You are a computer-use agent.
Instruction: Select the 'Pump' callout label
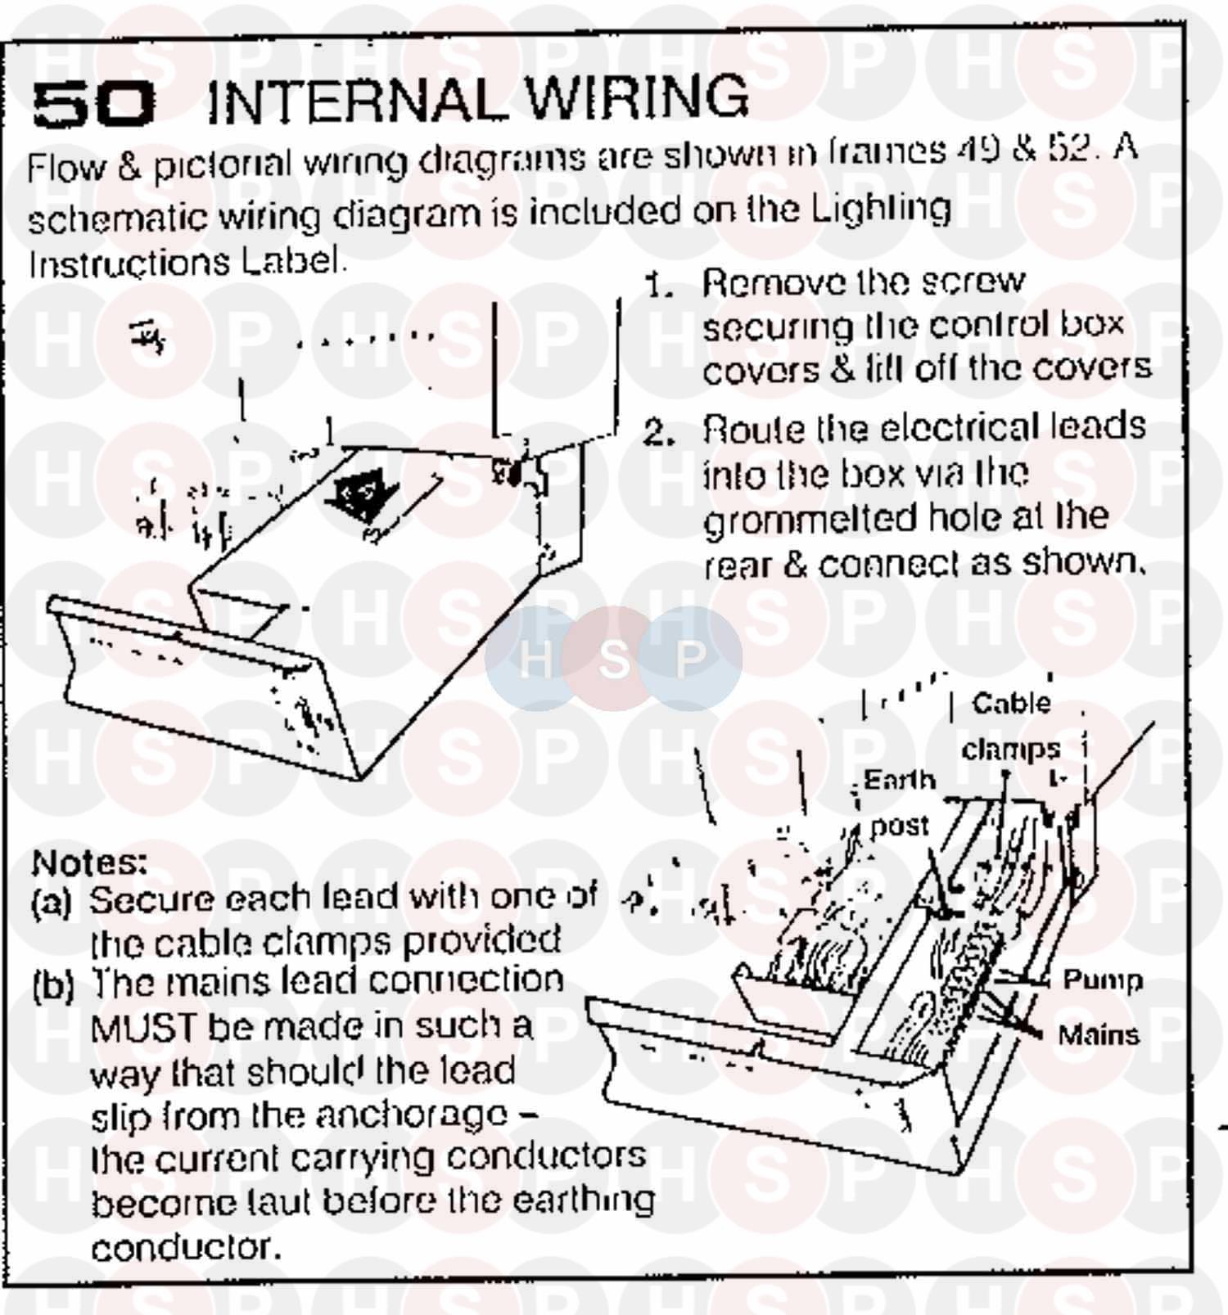pyautogui.click(x=1101, y=979)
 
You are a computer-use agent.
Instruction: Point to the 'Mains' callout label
pyautogui.click(x=1098, y=1035)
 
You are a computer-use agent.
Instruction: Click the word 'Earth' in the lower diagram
pyautogui.click(x=899, y=780)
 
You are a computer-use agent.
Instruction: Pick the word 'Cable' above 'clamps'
pyautogui.click(x=1010, y=703)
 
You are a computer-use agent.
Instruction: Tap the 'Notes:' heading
pyautogui.click(x=89, y=862)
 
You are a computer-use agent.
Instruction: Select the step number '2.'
pyautogui.click(x=658, y=433)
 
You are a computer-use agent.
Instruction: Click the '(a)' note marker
pyautogui.click(x=51, y=902)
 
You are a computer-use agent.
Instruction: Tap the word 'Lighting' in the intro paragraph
pyautogui.click(x=880, y=209)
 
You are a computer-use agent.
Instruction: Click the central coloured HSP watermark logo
pyautogui.click(x=613, y=657)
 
